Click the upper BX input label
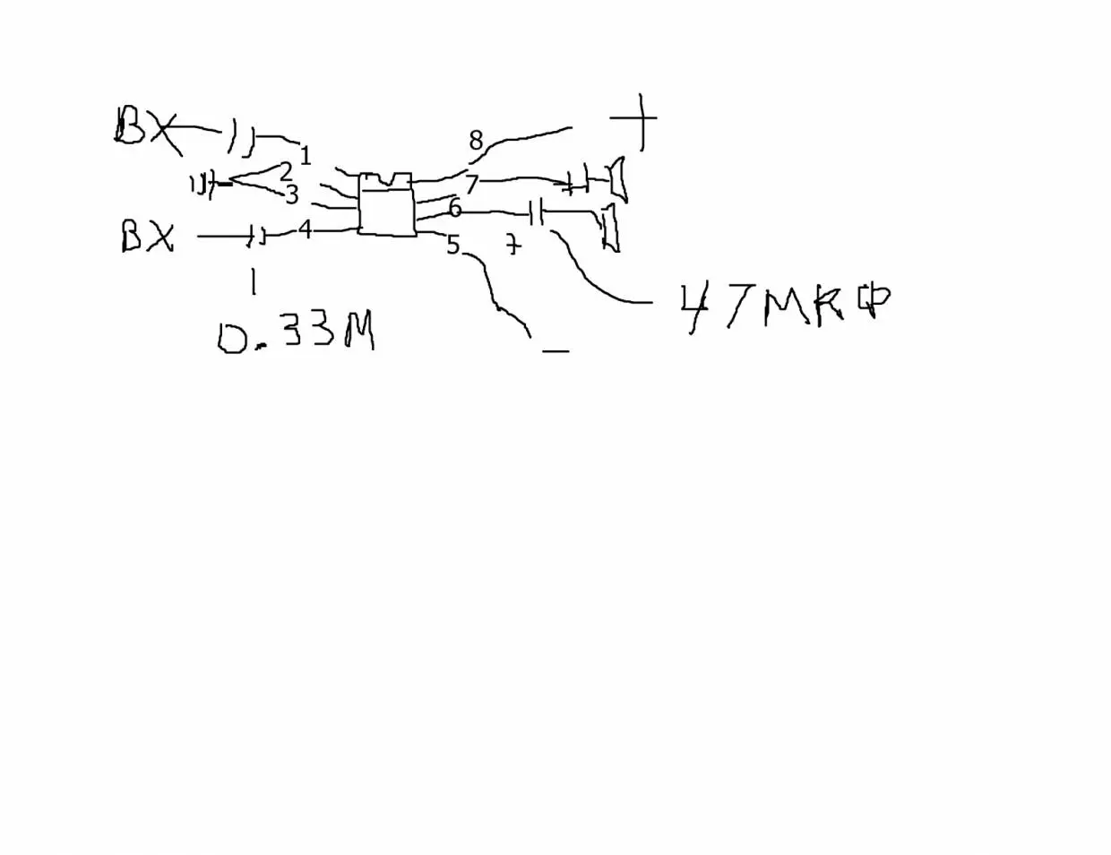143,126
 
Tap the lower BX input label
146,237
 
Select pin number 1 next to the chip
305,156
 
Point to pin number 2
286,171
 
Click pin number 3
291,194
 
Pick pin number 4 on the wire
305,230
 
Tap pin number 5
453,245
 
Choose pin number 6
455,209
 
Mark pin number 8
476,141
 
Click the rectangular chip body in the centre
387,205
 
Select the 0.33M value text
296,335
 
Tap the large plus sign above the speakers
638,119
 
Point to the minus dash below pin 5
555,350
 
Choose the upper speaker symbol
616,178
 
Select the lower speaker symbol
610,227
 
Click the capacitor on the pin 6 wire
536,213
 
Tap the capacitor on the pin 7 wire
577,182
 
